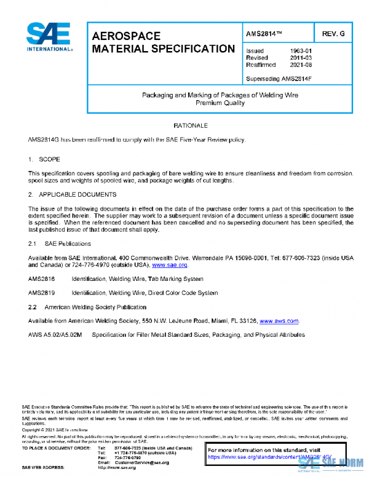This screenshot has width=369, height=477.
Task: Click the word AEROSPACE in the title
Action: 126,36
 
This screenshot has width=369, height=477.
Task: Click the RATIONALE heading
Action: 190,125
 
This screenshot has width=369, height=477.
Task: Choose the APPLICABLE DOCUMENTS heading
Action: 77,195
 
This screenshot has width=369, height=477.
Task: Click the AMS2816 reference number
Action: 41,279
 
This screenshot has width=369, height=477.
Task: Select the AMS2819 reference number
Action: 41,293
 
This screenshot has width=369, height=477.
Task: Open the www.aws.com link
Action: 279,321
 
